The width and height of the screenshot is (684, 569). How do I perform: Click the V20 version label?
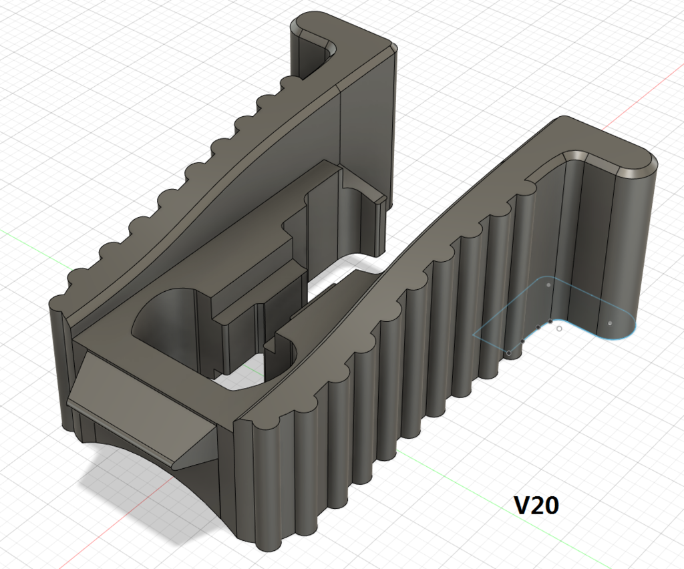pyautogui.click(x=536, y=506)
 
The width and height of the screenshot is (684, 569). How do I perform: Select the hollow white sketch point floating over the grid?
pyautogui.click(x=559, y=329)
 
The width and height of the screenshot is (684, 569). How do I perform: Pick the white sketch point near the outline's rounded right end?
pyautogui.click(x=609, y=323)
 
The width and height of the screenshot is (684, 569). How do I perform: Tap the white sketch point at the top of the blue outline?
pyautogui.click(x=548, y=285)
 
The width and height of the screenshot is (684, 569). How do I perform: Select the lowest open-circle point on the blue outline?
pyautogui.click(x=509, y=352)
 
